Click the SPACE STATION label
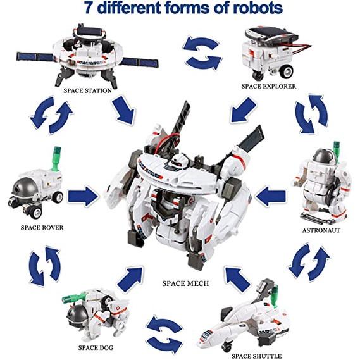[88, 90]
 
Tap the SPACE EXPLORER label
[269, 86]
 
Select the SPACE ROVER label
[42, 228]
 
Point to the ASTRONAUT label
[321, 230]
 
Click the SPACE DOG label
[96, 347]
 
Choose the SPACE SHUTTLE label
[256, 356]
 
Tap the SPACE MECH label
[185, 283]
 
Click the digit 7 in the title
[89, 8]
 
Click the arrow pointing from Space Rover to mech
[84, 196]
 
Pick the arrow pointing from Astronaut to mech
[271, 196]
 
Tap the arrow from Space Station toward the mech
[123, 111]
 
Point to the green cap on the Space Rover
[56, 158]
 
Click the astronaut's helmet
[324, 156]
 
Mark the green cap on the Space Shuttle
[275, 295]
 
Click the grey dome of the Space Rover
[23, 189]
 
